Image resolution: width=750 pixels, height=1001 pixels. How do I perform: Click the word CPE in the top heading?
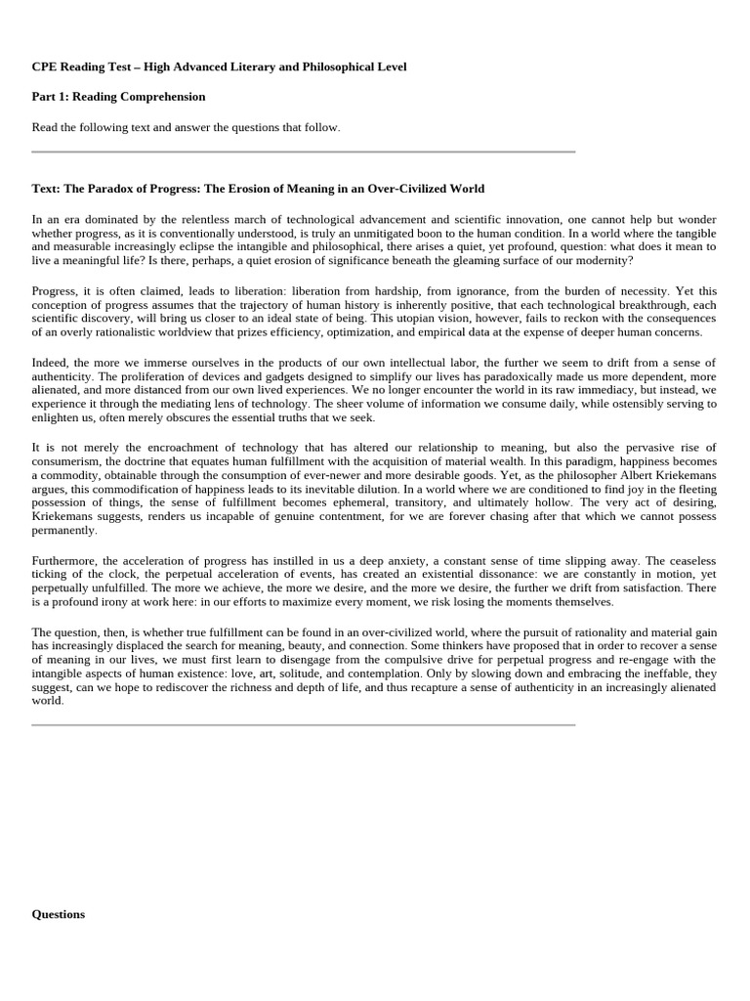pos(45,66)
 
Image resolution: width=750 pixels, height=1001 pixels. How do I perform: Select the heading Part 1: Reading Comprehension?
pos(118,97)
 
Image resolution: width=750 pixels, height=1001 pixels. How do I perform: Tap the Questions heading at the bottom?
pos(58,914)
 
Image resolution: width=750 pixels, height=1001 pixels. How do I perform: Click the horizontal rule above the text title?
pos(304,152)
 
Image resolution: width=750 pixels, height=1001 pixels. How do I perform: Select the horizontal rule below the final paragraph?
pos(304,725)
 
